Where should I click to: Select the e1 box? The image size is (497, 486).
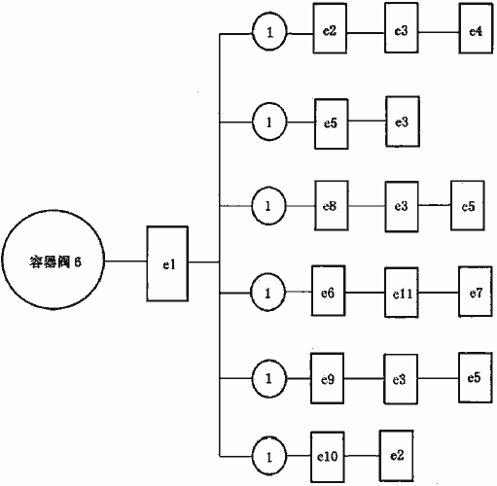pos(167,263)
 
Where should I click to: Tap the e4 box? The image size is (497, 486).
pos(476,28)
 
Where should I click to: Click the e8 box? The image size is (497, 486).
pos(332,206)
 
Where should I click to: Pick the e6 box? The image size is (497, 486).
pos(329,291)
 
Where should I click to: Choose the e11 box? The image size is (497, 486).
pos(402,293)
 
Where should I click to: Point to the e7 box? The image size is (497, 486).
pos(476,292)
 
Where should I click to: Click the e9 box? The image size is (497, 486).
pos(327,378)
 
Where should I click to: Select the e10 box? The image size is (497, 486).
pos(328,457)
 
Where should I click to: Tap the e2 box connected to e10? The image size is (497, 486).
pos(397,456)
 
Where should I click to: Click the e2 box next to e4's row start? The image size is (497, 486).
pos(330,28)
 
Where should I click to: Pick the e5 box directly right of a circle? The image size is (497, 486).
pos(332,124)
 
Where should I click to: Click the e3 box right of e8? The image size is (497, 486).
pos(402,207)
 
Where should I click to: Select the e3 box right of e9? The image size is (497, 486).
pos(401,379)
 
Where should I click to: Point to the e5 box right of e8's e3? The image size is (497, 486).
pos(468,206)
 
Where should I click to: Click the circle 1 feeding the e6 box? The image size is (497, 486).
pos(267,293)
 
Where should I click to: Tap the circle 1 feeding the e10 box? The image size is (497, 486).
pos(269,456)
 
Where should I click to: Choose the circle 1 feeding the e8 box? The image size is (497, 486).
pos(268,206)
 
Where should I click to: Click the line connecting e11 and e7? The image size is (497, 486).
pos(439,293)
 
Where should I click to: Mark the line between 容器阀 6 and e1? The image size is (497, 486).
pos(125,260)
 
